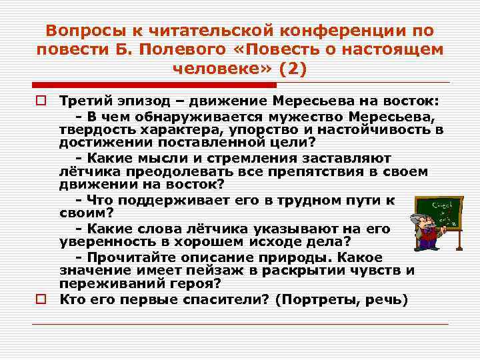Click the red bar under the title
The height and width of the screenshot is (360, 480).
click(154, 85)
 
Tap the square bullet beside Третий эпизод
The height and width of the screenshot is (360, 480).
click(41, 101)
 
